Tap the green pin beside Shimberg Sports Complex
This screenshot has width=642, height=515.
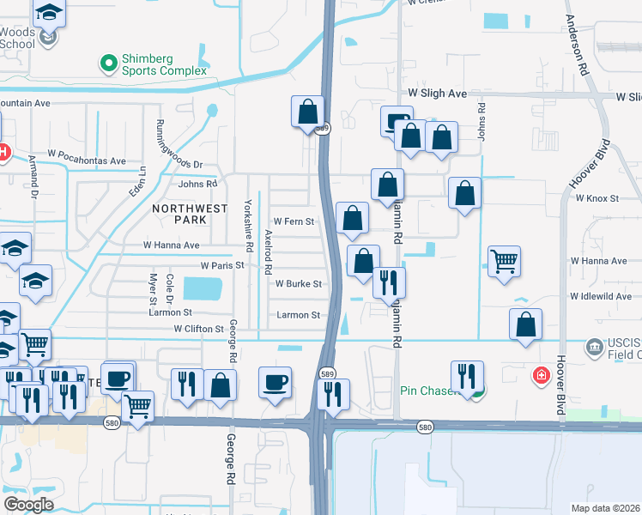tap(108, 63)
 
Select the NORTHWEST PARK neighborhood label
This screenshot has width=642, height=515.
tap(191, 214)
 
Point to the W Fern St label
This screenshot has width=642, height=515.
tap(294, 221)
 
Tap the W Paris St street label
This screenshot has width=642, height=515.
tap(222, 265)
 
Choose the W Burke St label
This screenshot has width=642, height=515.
tap(298, 283)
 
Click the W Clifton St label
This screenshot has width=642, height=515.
tap(198, 329)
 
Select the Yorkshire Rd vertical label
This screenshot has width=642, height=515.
tap(248, 225)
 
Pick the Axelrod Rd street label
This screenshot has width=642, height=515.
tap(269, 246)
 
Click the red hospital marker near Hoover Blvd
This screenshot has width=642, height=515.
tap(541, 375)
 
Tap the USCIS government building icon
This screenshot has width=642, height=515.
tap(594, 348)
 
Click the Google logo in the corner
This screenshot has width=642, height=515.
tap(29, 504)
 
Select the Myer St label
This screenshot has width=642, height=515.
tap(154, 289)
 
